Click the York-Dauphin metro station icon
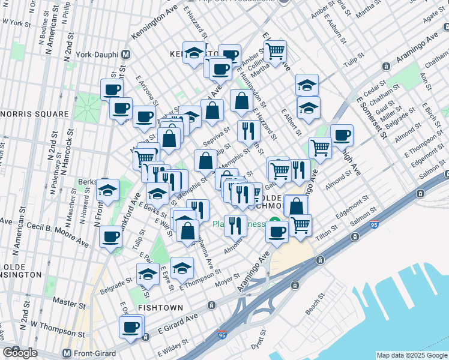(x=126, y=53)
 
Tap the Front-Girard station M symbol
(x=67, y=353)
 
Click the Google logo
(x=20, y=353)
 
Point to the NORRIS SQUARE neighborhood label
(x=34, y=113)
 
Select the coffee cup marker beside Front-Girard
(x=130, y=328)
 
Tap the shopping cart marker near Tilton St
(x=300, y=225)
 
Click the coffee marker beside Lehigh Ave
(x=342, y=135)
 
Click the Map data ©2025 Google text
(x=411, y=355)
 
